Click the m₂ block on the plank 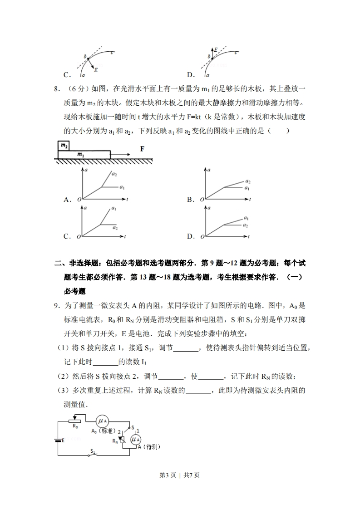tap(64, 146)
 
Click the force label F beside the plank tap(142, 148)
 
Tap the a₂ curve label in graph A tap(114, 175)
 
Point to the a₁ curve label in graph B tap(247, 187)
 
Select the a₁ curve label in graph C tap(114, 209)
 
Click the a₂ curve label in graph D tap(245, 225)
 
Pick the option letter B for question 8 tap(190, 200)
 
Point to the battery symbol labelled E tap(58, 440)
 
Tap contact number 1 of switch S tap(138, 430)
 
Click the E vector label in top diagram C tap(96, 70)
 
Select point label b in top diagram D tap(209, 56)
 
